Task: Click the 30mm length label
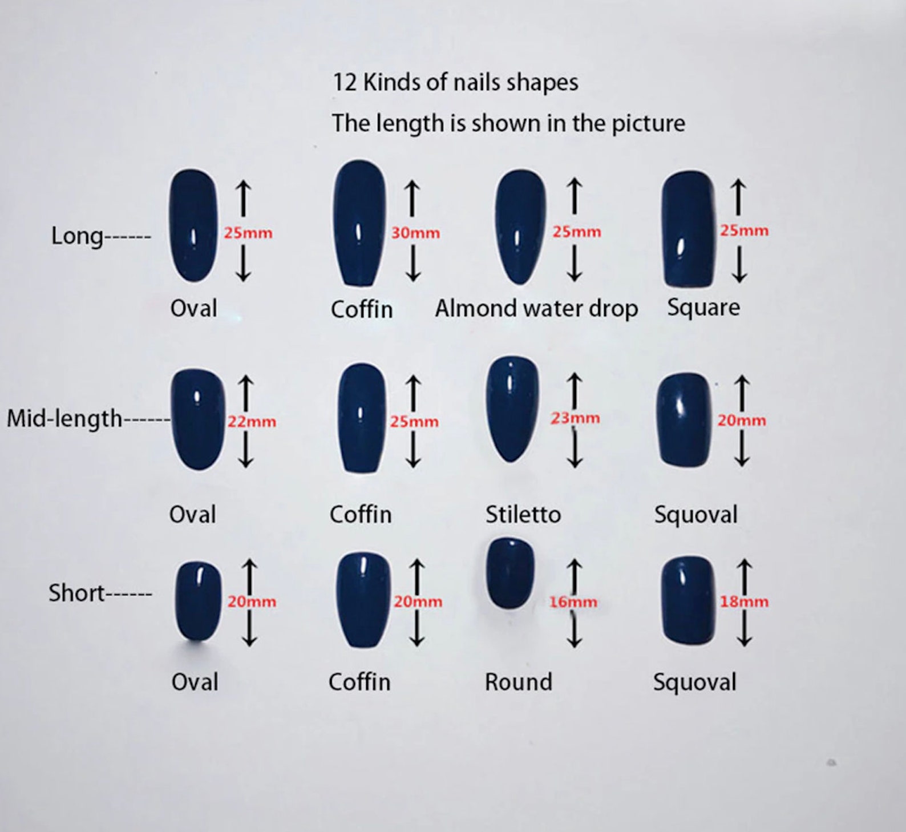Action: pos(415,233)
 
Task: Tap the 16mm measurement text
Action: pos(573,602)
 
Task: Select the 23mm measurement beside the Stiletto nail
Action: pos(575,418)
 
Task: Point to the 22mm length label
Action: pos(252,422)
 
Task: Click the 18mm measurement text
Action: pos(744,601)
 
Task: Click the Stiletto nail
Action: pos(512,409)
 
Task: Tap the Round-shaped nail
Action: pos(510,572)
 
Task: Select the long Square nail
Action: pos(689,229)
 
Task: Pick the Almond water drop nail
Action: pos(520,227)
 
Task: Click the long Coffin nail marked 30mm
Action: pos(359,223)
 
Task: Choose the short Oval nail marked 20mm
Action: pos(198,601)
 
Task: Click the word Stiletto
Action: pos(523,515)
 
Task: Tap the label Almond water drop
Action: pos(536,309)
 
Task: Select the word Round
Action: pos(519,682)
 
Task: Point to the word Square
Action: pos(703,308)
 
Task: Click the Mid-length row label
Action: pos(88,418)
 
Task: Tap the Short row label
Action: pos(100,593)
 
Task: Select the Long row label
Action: pos(101,236)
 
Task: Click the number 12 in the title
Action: pos(345,83)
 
